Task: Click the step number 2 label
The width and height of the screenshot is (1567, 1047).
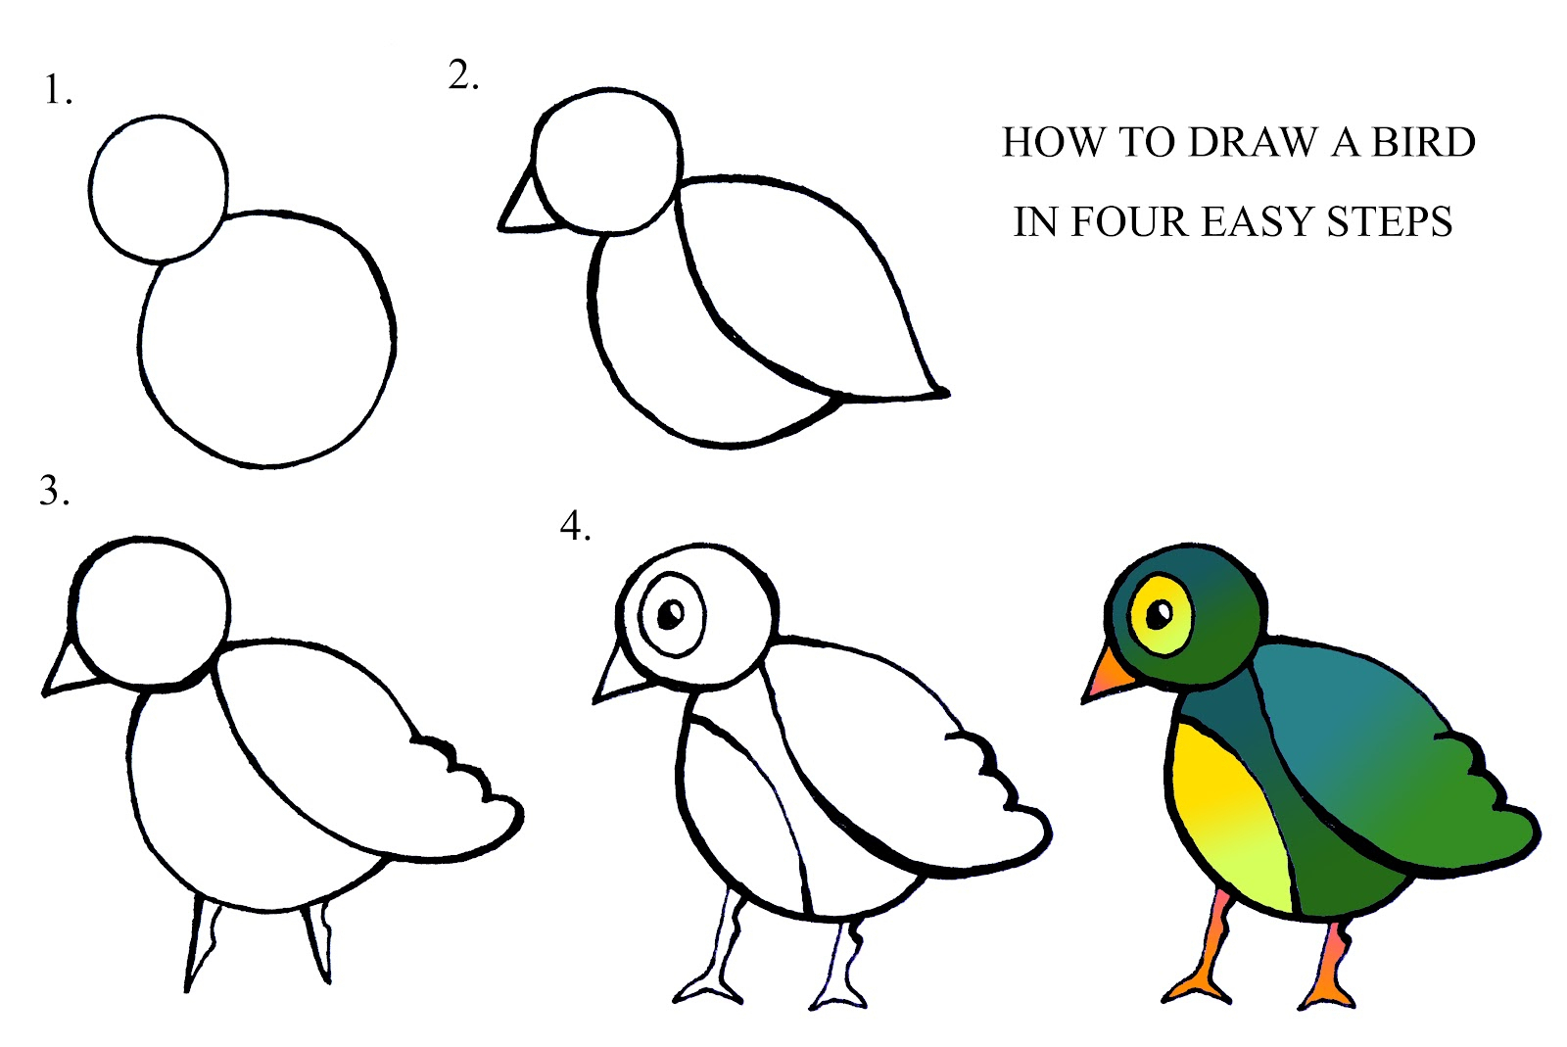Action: [x=461, y=75]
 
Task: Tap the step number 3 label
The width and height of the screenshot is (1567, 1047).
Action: [x=53, y=491]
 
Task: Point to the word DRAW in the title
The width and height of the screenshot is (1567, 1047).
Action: [x=1255, y=143]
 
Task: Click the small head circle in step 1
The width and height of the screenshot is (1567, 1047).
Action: [x=159, y=188]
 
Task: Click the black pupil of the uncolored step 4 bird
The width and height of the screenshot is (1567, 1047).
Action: [x=672, y=615]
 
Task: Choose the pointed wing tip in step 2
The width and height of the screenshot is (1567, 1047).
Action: [x=935, y=392]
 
